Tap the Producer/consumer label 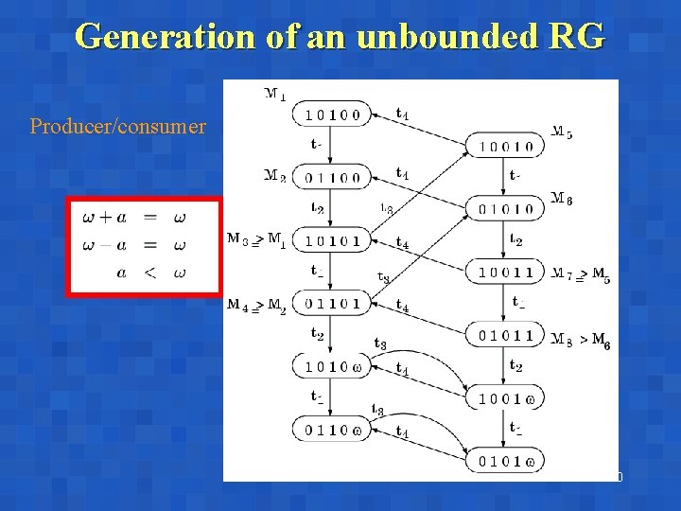click(x=118, y=126)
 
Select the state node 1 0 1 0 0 click(x=332, y=115)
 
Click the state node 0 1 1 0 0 click(x=332, y=177)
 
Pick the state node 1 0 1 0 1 click(x=332, y=240)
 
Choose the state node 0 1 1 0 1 click(x=332, y=304)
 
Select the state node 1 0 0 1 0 click(x=505, y=147)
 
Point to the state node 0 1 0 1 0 click(x=505, y=209)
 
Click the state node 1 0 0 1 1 click(x=505, y=273)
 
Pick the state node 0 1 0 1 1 click(x=505, y=335)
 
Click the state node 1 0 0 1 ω click(x=505, y=399)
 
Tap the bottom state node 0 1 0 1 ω click(x=505, y=462)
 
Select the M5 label click(x=562, y=132)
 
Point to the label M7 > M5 click(x=581, y=274)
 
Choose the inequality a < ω click(x=149, y=273)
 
